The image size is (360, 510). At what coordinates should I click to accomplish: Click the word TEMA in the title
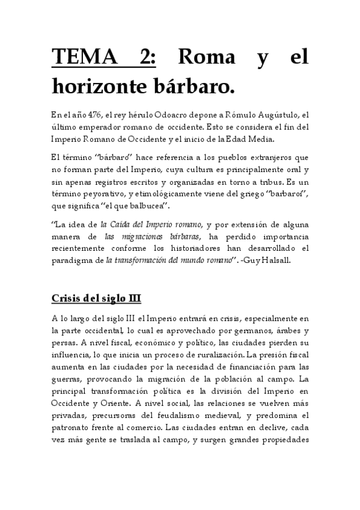tap(80, 58)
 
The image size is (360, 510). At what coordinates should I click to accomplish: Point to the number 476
tap(93, 115)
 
